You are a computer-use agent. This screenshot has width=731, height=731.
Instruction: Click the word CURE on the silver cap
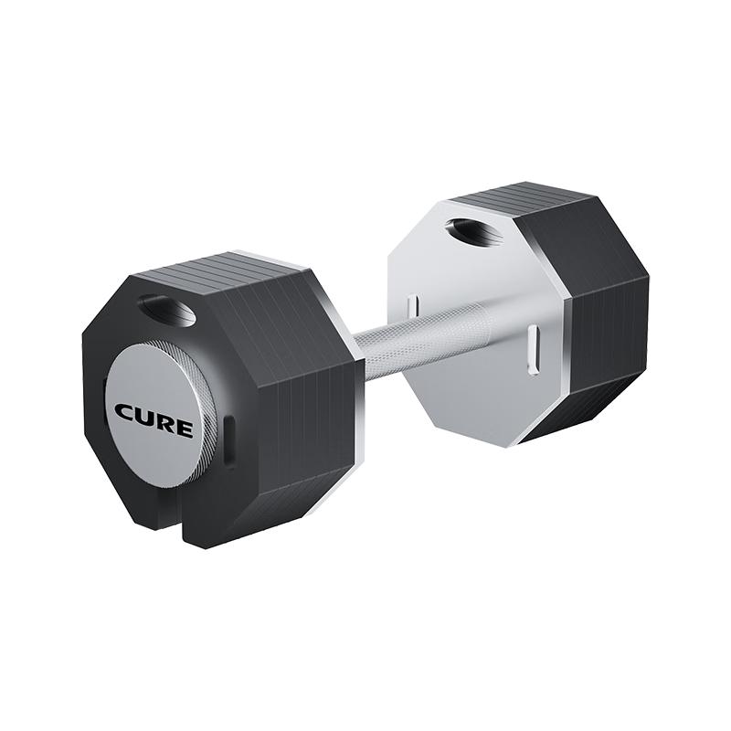[154, 419]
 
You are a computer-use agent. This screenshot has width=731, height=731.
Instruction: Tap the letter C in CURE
[125, 412]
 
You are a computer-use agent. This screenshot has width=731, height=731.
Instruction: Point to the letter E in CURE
[184, 429]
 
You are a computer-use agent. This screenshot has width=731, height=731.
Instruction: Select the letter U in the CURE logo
[145, 417]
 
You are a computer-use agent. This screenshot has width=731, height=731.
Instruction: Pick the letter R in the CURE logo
[164, 423]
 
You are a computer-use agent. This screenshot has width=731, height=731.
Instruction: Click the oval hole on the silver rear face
[474, 231]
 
